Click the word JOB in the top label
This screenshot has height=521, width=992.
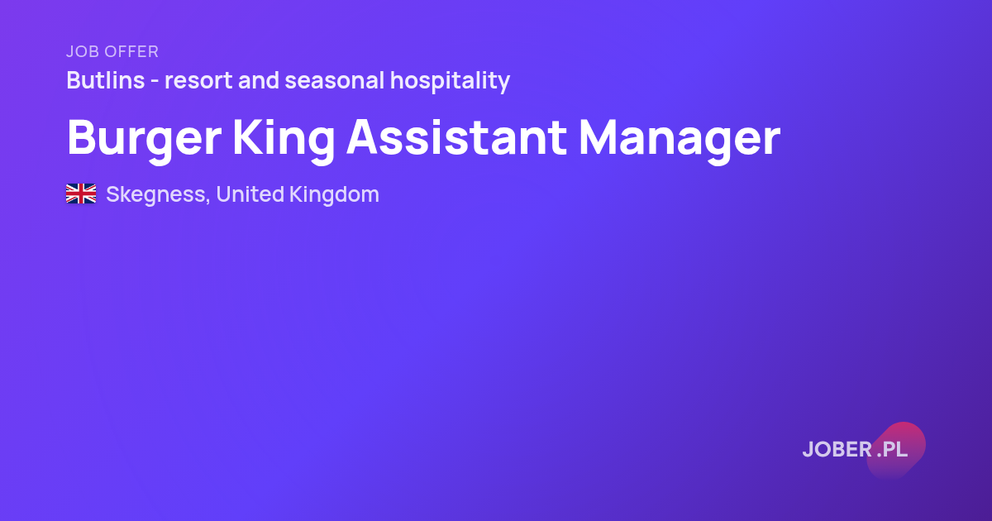click(x=83, y=51)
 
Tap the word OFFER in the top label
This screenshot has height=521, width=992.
click(x=132, y=51)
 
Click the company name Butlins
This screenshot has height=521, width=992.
click(x=106, y=80)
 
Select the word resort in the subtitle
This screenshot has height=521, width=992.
click(x=198, y=81)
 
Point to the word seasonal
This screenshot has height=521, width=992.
click(x=335, y=80)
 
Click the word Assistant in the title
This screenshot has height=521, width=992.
click(x=456, y=137)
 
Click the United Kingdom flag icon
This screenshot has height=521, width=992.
click(x=81, y=194)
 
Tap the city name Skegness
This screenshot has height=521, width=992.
click(x=156, y=195)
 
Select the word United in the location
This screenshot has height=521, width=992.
click(x=250, y=194)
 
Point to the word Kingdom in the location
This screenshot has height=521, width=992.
click(x=334, y=195)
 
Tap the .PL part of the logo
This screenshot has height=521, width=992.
click(x=892, y=449)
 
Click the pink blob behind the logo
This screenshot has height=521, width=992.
click(x=896, y=450)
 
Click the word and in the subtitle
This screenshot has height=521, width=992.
click(x=259, y=80)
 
